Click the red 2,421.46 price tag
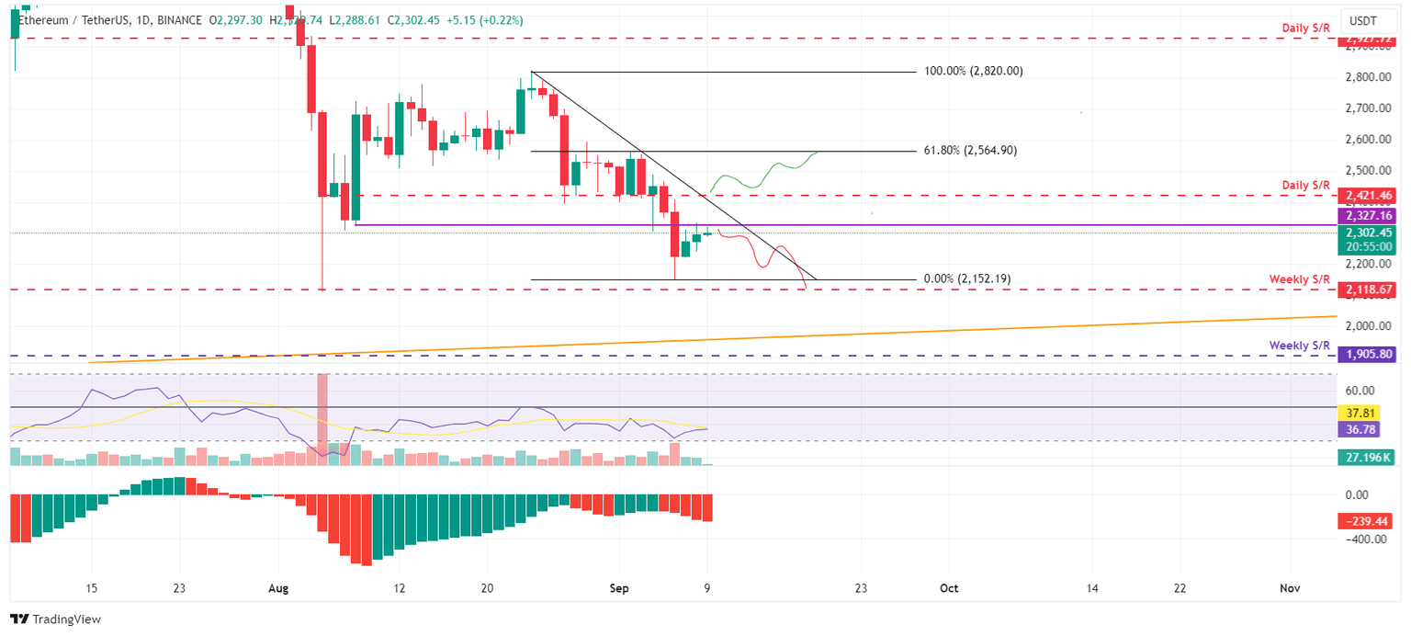coord(1368,196)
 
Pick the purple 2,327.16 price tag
coord(1368,215)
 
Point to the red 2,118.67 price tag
coord(1368,290)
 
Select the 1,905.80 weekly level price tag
coord(1368,354)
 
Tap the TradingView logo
coord(55,619)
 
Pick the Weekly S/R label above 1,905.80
coord(1300,345)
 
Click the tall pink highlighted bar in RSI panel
coord(322,414)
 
